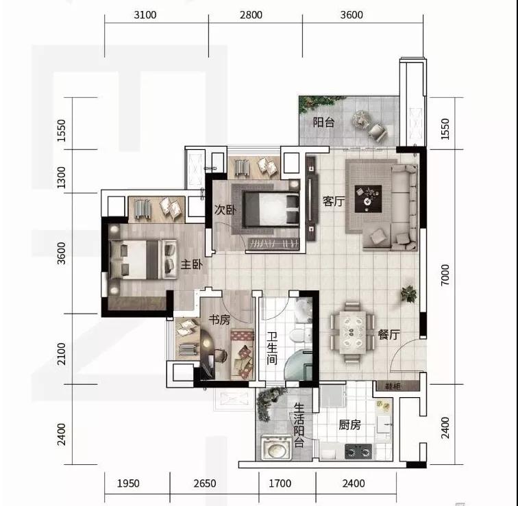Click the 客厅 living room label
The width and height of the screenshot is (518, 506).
334,201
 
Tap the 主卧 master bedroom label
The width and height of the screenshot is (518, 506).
191,264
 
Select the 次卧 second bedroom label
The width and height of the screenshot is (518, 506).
225,210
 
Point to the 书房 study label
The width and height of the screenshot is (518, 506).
219,319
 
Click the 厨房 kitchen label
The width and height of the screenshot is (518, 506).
349,425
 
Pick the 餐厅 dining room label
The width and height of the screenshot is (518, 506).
388,334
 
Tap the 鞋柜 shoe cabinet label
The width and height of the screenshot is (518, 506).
393,385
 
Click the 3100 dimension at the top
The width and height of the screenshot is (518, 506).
145,15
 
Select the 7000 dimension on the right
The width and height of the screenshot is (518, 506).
445,275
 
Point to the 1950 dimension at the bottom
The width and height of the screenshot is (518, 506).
128,483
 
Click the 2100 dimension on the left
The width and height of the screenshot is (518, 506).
62,354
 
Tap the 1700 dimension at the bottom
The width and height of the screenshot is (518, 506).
280,483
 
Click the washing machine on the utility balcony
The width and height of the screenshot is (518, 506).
277,448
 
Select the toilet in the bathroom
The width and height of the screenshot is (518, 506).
300,334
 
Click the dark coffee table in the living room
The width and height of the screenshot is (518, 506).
368,199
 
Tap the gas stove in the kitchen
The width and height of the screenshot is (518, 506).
358,451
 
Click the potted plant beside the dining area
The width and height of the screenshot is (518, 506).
408,294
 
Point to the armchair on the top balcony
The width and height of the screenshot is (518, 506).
378,132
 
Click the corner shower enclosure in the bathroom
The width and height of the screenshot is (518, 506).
298,366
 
